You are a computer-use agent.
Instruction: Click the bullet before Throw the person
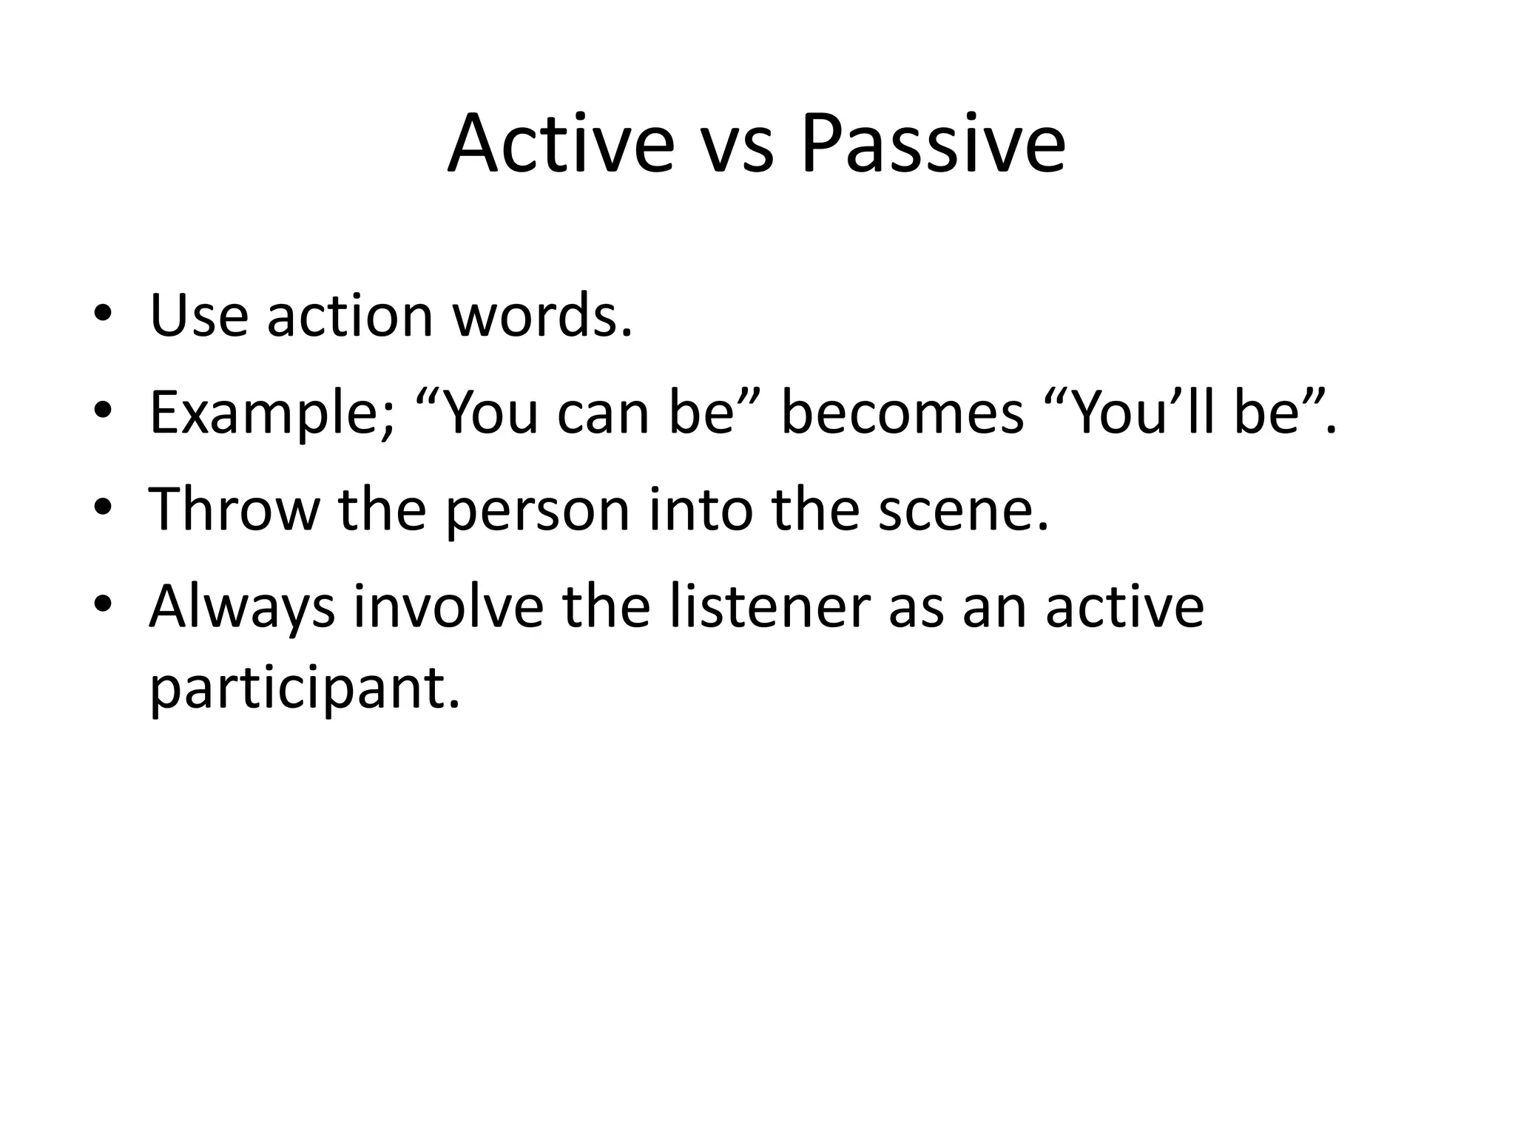point(102,510)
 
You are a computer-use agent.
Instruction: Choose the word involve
point(448,606)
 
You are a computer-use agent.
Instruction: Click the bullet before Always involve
point(102,606)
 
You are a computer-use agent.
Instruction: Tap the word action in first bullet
point(349,316)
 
